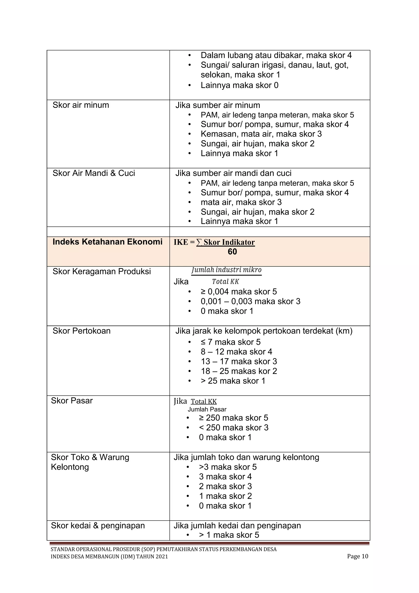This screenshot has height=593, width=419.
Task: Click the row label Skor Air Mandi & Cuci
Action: pos(94,173)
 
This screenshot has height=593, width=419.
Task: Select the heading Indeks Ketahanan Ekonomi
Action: pos(107,242)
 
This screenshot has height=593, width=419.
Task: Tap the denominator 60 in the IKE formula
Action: pos(232,252)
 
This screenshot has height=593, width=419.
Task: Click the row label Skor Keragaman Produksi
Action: pos(102,272)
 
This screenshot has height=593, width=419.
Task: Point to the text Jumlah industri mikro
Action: pos(226,270)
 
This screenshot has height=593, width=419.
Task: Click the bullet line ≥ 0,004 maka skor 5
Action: pos(239,292)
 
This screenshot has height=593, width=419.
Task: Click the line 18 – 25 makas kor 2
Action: pos(239,371)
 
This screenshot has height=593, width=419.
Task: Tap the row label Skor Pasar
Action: pos(72,401)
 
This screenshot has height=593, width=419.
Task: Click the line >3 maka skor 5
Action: pos(228,467)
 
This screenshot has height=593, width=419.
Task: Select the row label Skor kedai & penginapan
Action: pos(98,526)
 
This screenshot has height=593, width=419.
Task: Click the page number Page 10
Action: pos(357,556)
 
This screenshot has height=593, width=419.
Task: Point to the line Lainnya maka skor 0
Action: pos(239,85)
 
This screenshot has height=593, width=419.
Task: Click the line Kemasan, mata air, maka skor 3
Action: pos(261,134)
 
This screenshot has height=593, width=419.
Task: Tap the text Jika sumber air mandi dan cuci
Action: pos(233,173)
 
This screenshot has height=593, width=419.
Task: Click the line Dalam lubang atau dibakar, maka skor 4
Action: pos(276,55)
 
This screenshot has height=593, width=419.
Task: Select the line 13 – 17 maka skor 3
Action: pos(239,361)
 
